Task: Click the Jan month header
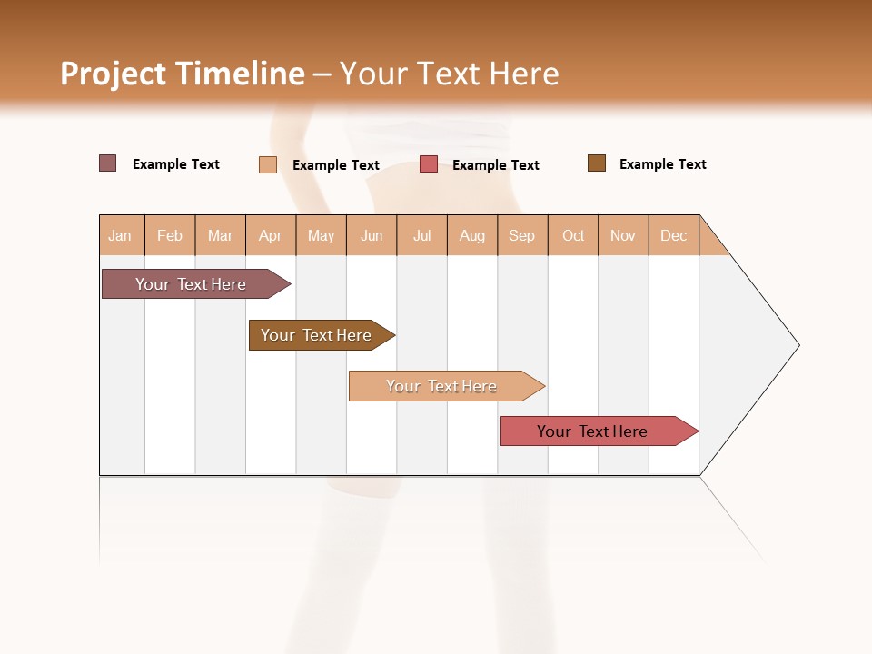[x=120, y=235]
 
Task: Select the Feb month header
[x=170, y=235]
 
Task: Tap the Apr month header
[x=270, y=235]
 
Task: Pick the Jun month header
[x=372, y=235]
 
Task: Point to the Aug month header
[x=471, y=235]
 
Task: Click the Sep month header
[x=521, y=235]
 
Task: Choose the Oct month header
[x=573, y=235]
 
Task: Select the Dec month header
[x=673, y=235]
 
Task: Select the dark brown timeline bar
[x=316, y=335]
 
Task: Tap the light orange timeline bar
[x=441, y=386]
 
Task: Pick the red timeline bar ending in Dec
[x=592, y=431]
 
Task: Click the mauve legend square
[x=108, y=163]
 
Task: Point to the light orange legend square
[x=268, y=164]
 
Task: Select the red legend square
[x=429, y=164]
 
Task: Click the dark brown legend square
[x=597, y=163]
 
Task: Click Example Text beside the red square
[x=495, y=165]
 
